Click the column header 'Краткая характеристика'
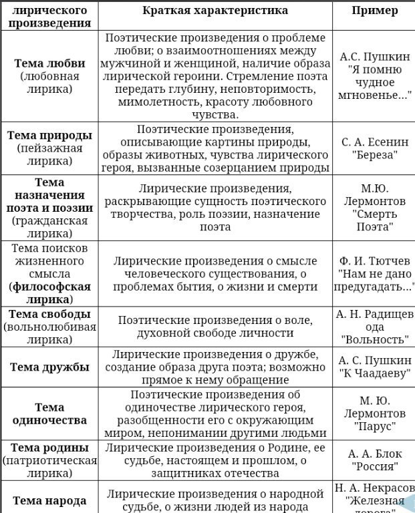point(215,10)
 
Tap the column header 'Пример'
point(374,10)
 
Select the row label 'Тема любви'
point(49,63)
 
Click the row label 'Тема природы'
point(49,136)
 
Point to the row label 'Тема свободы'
point(49,314)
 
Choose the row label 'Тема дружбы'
point(49,367)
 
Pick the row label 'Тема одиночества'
point(49,413)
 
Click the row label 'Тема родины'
point(49,448)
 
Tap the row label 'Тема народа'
point(49,500)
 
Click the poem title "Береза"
point(374,155)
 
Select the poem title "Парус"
point(374,426)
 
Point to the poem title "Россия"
point(374,466)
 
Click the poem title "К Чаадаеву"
point(374,373)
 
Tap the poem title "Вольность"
point(374,339)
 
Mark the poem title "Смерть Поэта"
point(374,220)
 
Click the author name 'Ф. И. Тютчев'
point(374,261)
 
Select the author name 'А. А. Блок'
point(374,454)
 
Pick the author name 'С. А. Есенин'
point(374,142)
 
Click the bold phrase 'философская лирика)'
point(49,293)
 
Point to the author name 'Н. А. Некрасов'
point(374,488)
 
